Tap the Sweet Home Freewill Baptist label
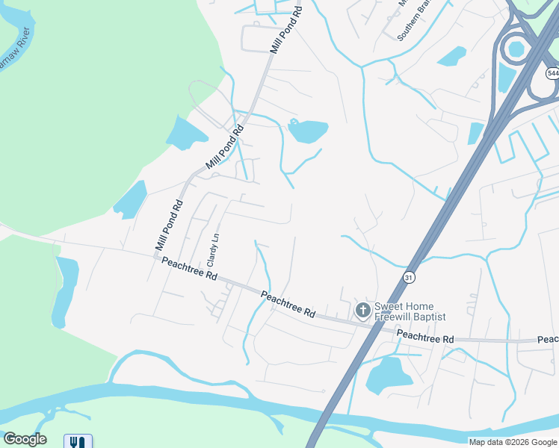410,311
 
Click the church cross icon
362,310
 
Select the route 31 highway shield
409,277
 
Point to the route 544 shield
552,73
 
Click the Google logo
25,439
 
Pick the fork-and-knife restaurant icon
78,441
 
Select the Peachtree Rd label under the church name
424,337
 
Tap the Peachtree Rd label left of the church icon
288,305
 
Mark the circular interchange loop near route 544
516,49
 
